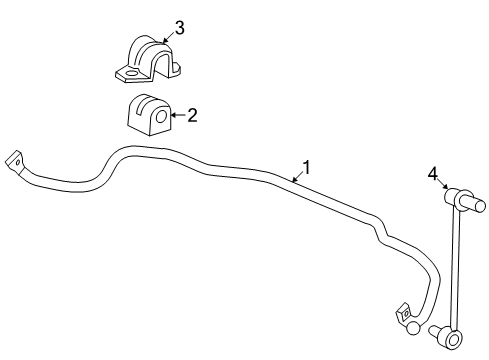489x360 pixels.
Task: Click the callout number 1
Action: [307, 168]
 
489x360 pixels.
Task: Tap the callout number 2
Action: [192, 115]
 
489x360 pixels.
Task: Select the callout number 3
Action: [179, 27]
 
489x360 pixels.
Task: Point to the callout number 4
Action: [433, 173]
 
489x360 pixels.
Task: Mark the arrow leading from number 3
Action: [167, 38]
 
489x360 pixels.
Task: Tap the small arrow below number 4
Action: [442, 186]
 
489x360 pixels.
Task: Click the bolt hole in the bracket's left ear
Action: [127, 72]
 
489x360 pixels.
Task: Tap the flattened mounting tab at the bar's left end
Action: [15, 161]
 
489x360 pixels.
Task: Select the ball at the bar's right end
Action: [412, 328]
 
